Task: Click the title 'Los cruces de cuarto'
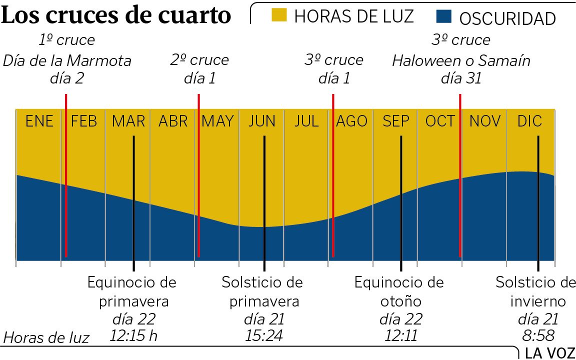click(x=116, y=16)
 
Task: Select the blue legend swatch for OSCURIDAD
click(x=443, y=17)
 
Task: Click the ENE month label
click(x=39, y=121)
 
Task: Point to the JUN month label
click(x=262, y=121)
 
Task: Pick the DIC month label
click(x=529, y=121)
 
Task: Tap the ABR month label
click(x=173, y=121)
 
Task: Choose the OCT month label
click(x=440, y=121)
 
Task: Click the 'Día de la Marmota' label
click(x=67, y=61)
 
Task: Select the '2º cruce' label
click(x=199, y=60)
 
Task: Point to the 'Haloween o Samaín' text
click(x=461, y=61)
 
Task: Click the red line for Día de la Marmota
click(x=66, y=175)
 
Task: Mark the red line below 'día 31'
click(x=460, y=175)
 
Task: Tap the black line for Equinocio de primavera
click(x=133, y=200)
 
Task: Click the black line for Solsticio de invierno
click(x=538, y=200)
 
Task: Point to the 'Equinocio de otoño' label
click(x=399, y=292)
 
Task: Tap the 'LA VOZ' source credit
click(x=549, y=353)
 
